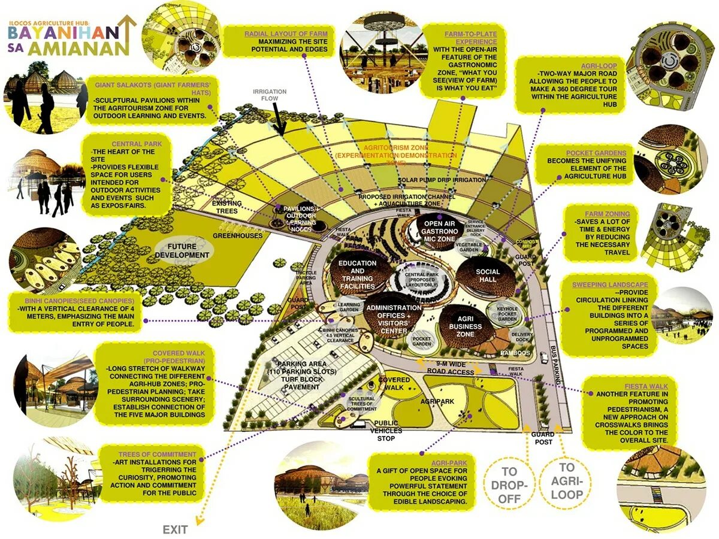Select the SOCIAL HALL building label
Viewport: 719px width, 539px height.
coord(487,275)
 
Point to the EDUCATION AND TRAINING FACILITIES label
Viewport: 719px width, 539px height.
coord(357,275)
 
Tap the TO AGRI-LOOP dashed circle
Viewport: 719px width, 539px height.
coord(566,481)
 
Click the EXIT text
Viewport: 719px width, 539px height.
coord(176,529)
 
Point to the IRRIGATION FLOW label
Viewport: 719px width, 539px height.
coord(270,95)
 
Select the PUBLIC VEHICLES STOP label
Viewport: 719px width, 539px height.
coord(386,431)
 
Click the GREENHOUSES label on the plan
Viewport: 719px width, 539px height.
coord(237,236)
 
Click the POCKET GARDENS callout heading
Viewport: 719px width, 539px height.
coord(587,153)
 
